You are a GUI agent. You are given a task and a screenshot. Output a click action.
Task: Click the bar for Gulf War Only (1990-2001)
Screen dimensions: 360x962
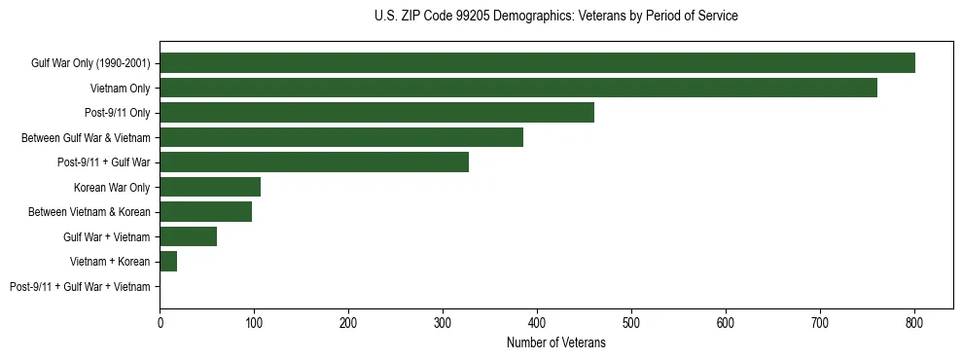pyautogui.click(x=537, y=63)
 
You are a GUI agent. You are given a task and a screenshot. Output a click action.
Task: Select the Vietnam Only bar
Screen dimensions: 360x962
pyautogui.click(x=518, y=89)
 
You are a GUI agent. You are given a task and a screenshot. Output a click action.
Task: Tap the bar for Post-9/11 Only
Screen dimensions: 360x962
pyautogui.click(x=376, y=113)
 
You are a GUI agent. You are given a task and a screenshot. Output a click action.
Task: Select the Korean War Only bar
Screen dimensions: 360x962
pyautogui.click(x=210, y=187)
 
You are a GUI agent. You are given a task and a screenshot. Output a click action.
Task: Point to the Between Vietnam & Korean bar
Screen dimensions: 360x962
pyautogui.click(x=205, y=212)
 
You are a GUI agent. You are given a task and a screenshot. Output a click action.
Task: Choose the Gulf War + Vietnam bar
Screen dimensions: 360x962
pyautogui.click(x=188, y=236)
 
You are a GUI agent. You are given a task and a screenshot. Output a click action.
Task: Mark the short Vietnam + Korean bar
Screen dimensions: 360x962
pyautogui.click(x=168, y=262)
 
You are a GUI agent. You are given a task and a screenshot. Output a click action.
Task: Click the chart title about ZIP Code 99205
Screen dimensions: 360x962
pyautogui.click(x=555, y=17)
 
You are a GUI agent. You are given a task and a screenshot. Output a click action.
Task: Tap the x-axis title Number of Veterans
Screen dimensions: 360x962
pyautogui.click(x=555, y=343)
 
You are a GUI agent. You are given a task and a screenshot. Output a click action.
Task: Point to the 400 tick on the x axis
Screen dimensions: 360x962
pyautogui.click(x=537, y=323)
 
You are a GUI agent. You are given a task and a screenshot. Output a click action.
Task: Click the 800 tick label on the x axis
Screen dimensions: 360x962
pyautogui.click(x=914, y=323)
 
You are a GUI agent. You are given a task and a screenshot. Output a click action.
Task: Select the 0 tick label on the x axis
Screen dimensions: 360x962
pyautogui.click(x=160, y=323)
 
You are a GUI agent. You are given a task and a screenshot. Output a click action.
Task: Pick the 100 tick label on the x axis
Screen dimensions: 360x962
pyautogui.click(x=254, y=323)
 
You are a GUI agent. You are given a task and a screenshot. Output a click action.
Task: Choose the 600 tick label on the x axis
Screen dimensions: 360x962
pyautogui.click(x=726, y=323)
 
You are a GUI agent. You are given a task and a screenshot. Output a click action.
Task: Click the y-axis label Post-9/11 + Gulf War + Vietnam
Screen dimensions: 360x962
pyautogui.click(x=80, y=287)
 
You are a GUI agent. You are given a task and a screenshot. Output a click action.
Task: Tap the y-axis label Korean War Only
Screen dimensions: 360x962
pyautogui.click(x=112, y=188)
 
